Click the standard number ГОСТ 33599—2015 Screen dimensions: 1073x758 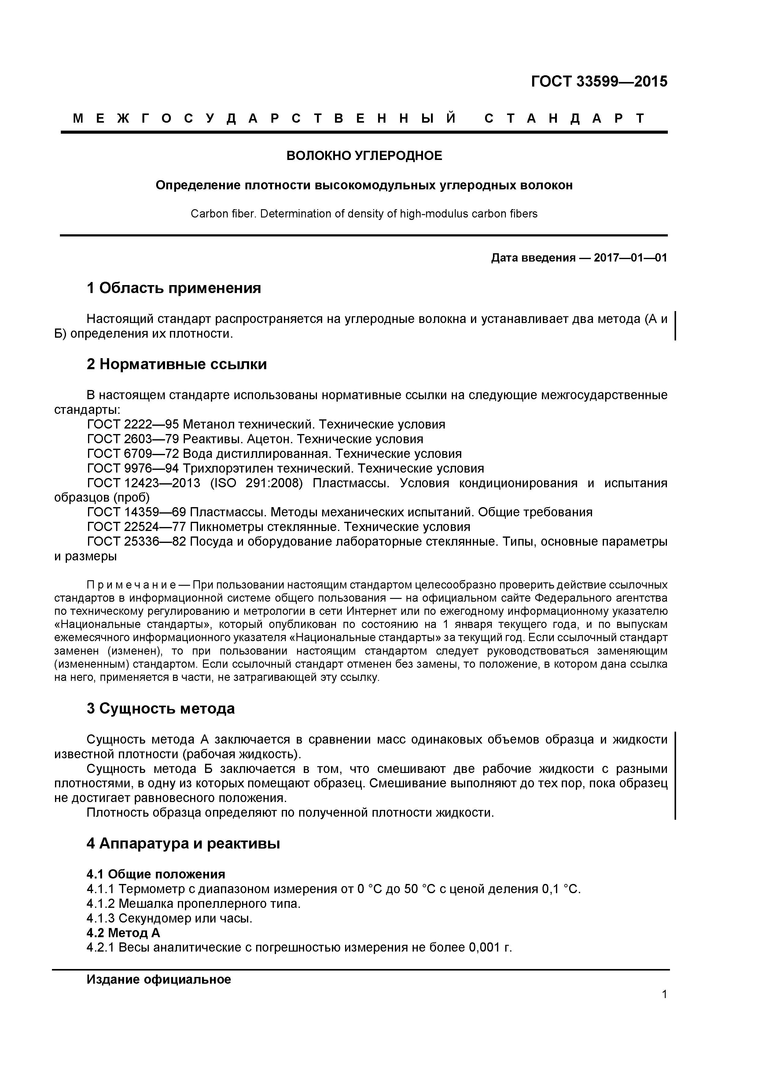tap(599, 82)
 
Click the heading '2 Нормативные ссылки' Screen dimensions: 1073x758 tap(177, 364)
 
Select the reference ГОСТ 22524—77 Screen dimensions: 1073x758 tap(136, 527)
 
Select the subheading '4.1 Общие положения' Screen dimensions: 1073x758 tap(156, 874)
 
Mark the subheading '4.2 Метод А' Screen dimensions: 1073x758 tap(123, 933)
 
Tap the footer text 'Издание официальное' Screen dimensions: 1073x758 tap(159, 979)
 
